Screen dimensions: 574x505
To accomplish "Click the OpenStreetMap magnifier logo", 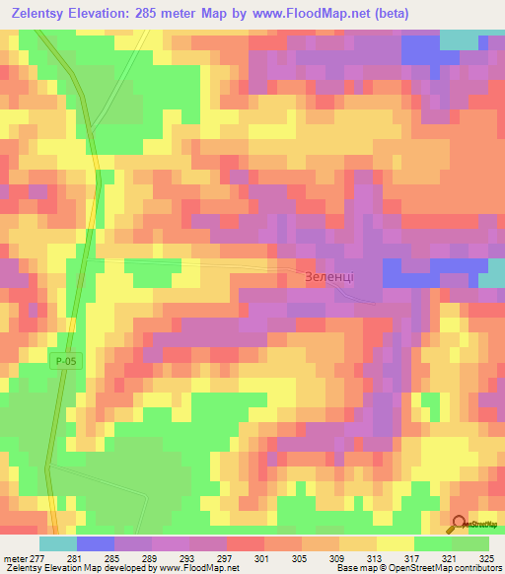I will [458, 525].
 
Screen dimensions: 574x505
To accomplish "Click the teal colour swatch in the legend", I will [58, 543].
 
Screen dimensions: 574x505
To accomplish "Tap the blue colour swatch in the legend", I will [96, 543].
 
